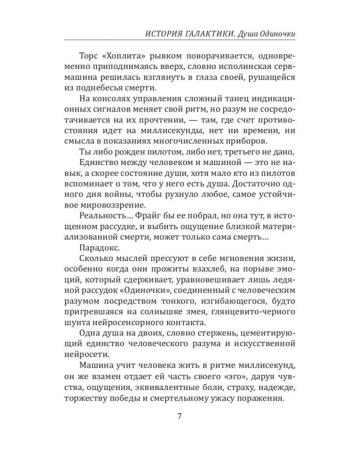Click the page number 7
(x=179, y=418)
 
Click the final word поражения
(x=262, y=404)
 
